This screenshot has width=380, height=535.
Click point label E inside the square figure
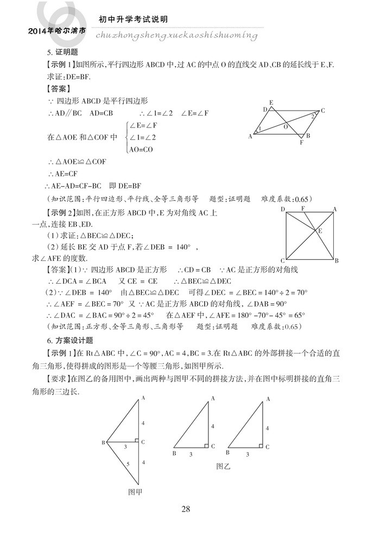click(320, 231)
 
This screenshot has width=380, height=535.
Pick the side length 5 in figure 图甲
click(128, 464)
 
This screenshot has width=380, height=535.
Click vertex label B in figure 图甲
click(103, 443)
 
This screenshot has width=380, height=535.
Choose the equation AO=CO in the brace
click(141, 149)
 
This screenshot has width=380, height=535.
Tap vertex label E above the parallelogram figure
click(271, 102)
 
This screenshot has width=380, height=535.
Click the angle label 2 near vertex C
click(313, 116)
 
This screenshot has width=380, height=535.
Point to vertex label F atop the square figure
click(302, 208)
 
